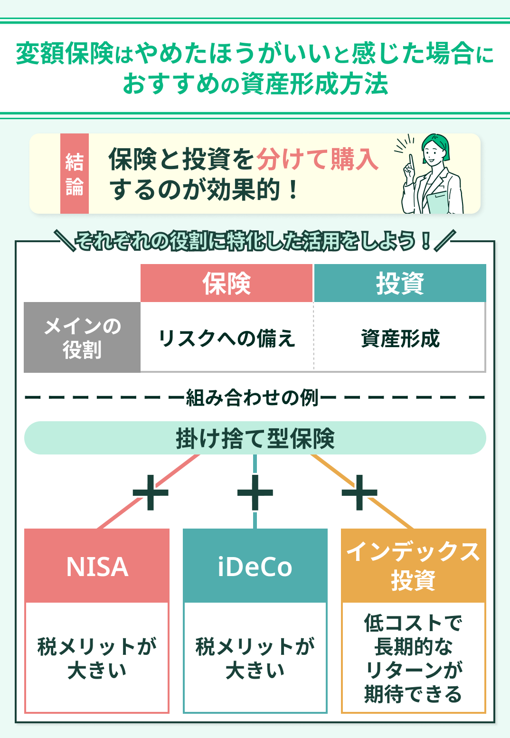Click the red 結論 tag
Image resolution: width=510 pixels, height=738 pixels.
click(75, 174)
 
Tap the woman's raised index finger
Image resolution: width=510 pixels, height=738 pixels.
click(411, 161)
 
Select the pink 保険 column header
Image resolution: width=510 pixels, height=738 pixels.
click(227, 284)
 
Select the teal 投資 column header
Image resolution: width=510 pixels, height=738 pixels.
click(400, 284)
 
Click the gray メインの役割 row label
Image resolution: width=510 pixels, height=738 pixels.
click(82, 338)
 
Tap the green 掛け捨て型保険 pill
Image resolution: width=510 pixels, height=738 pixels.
click(255, 438)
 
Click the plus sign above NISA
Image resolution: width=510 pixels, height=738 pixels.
click(151, 492)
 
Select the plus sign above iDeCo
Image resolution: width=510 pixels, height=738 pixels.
click(255, 492)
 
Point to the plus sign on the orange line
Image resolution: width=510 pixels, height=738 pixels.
click(359, 492)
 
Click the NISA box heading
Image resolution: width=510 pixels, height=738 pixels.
click(97, 566)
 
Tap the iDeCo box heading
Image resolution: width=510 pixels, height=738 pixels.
click(255, 566)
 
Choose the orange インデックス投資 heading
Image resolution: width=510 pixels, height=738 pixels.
click(413, 565)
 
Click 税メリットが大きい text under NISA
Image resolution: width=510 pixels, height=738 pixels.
click(97, 658)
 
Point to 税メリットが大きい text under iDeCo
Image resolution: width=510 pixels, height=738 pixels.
click(255, 658)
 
